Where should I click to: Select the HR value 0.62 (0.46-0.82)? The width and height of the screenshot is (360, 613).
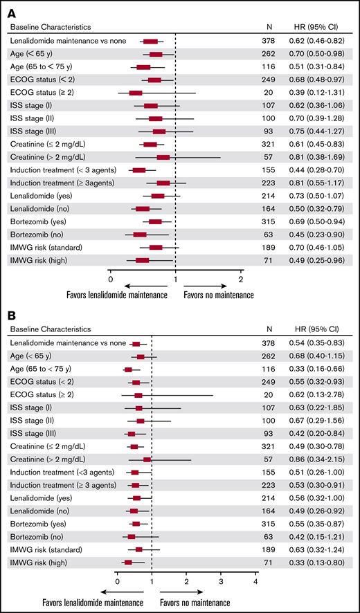pos(319,42)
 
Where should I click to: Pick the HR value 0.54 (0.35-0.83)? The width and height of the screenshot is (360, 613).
pos(319,344)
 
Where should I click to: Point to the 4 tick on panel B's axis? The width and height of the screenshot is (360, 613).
pos(256,581)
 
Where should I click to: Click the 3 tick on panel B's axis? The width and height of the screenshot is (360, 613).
pos(221,581)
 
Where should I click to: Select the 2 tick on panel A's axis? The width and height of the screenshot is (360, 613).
pos(240,280)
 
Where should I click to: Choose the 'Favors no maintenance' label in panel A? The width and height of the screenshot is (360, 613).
pos(219,295)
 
